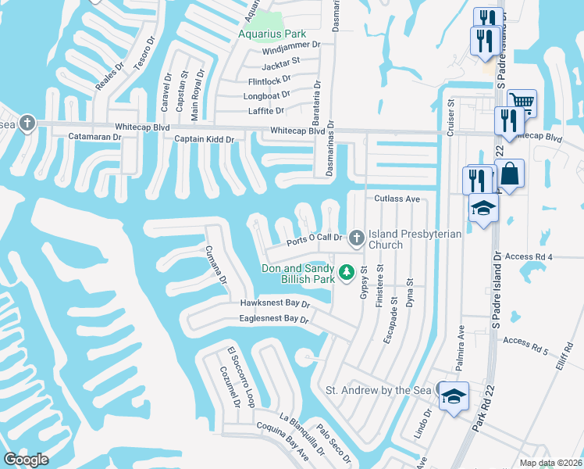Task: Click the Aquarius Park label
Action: click(x=272, y=34)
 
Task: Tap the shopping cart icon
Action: click(x=522, y=101)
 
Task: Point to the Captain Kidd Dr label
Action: click(x=209, y=139)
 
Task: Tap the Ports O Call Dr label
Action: click(x=315, y=238)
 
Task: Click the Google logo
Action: click(x=26, y=459)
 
